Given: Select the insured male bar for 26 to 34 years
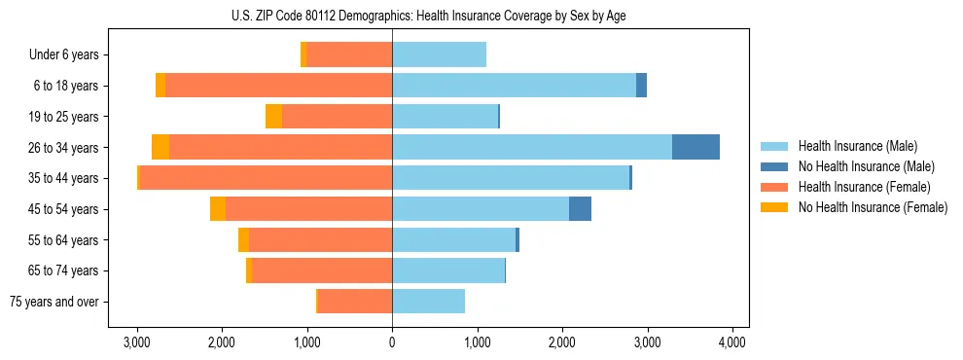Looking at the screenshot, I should point(531,147).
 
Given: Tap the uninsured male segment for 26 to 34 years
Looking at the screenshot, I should point(695,147).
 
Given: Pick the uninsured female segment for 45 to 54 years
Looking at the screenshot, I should point(218,209).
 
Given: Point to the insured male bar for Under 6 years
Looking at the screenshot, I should point(439,54).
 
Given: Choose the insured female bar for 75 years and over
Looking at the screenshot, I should point(355,302).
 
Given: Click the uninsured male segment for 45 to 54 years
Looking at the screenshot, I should point(580,209).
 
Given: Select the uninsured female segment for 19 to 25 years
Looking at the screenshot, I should point(273,117).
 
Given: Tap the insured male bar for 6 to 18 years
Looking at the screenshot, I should point(514,86).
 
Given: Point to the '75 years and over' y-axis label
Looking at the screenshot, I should point(53,302).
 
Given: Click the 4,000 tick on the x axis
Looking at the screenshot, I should point(731,342).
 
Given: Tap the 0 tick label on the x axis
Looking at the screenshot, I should point(392,342).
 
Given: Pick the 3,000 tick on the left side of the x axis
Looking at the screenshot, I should point(137,342).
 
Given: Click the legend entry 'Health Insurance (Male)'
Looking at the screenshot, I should point(857,146).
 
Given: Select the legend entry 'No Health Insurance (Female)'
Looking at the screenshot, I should point(872,207).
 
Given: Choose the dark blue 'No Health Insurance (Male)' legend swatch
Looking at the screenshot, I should point(774,166).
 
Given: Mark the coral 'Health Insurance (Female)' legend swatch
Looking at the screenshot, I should point(774,187).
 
